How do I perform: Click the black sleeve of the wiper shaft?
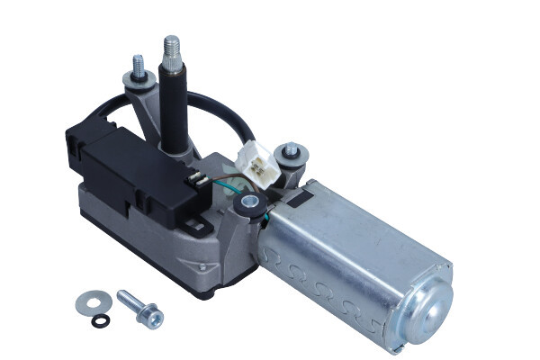(x=174, y=103)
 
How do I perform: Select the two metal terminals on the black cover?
(x=200, y=182)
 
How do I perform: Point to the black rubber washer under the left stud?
(x=136, y=83)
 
